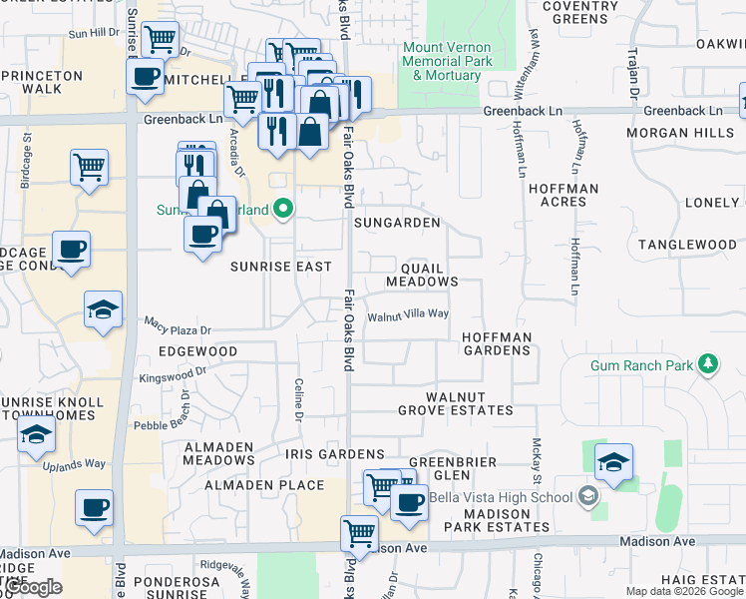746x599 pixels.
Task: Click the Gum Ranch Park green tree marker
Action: pyautogui.click(x=709, y=364)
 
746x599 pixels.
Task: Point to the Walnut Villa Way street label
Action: pyautogui.click(x=408, y=314)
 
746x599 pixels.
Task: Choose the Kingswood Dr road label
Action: pyautogui.click(x=172, y=374)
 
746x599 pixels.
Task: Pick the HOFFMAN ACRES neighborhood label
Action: pyautogui.click(x=563, y=195)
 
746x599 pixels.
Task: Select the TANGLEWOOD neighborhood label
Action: pyautogui.click(x=687, y=245)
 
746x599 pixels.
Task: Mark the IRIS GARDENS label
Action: pyautogui.click(x=334, y=454)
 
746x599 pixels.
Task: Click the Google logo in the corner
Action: pyautogui.click(x=34, y=587)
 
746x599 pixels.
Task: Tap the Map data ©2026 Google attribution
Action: pyautogui.click(x=684, y=591)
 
